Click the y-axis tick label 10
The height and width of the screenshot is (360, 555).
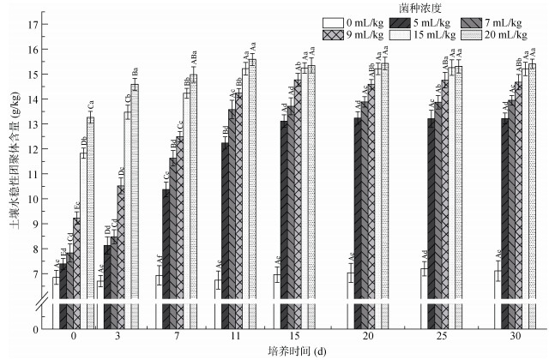point(32,199)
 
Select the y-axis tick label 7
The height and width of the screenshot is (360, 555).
point(34,273)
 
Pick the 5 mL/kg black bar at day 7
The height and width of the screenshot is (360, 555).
point(166,257)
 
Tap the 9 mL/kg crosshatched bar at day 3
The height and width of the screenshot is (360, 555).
point(121,257)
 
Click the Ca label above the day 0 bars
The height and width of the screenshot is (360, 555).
point(90,105)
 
